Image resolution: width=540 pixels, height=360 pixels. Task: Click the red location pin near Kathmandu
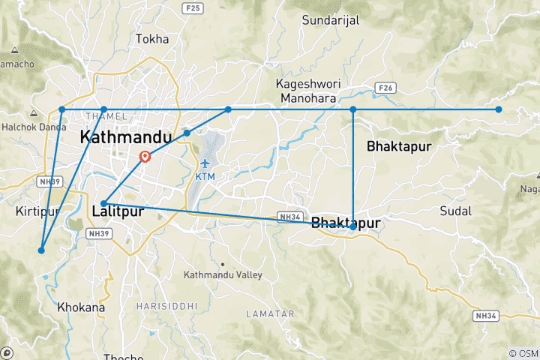pos(145,157)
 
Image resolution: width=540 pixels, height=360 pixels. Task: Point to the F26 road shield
pos(386,88)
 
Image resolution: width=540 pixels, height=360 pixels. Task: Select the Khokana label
pos(80,307)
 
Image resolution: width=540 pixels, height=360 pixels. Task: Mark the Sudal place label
pos(456,210)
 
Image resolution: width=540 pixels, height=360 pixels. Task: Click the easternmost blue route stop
pos(499,109)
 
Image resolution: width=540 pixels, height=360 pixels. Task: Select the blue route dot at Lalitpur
pos(103,203)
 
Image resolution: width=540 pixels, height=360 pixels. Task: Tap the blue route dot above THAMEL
pos(104,109)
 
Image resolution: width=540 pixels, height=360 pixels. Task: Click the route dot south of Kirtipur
pos(42,250)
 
